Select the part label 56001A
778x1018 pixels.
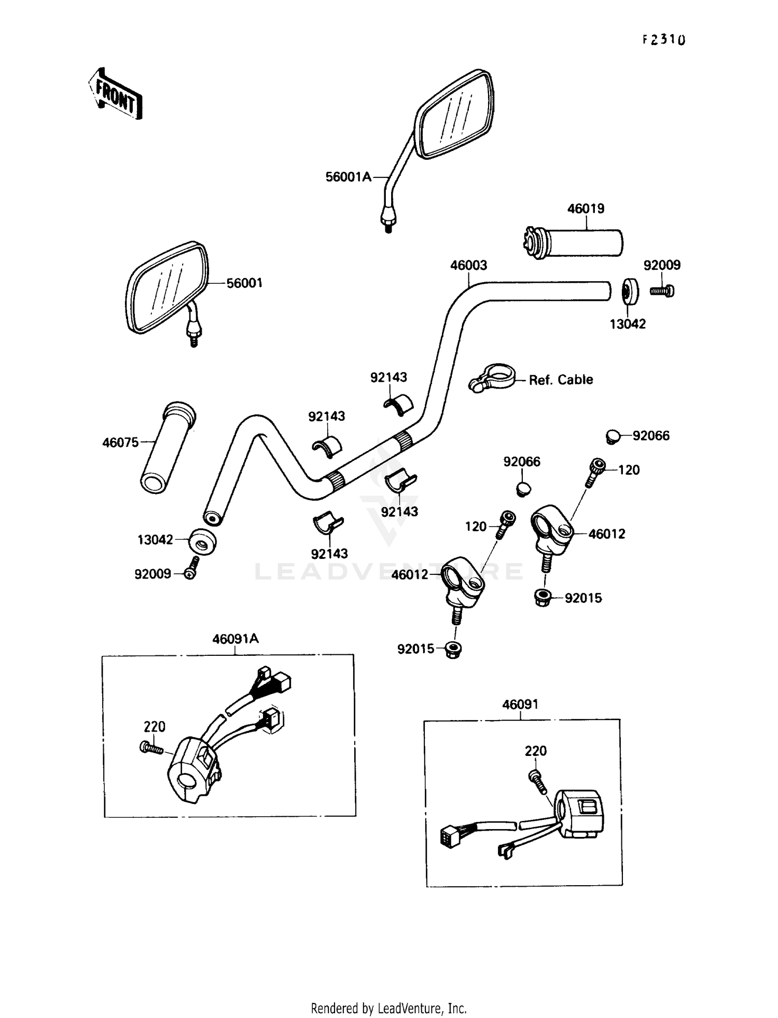click(348, 177)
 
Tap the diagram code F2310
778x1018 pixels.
click(664, 40)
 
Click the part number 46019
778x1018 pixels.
click(586, 209)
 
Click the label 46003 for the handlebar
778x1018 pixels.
click(468, 266)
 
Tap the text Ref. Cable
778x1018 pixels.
click(561, 380)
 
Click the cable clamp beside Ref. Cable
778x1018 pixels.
click(493, 377)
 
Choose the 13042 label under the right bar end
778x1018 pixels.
click(627, 324)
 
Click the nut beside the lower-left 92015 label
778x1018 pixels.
click(454, 649)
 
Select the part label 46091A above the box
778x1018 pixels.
click(235, 639)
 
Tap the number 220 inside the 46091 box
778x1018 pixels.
click(535, 751)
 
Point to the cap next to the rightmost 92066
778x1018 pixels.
click(613, 436)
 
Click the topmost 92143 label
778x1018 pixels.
click(388, 378)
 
